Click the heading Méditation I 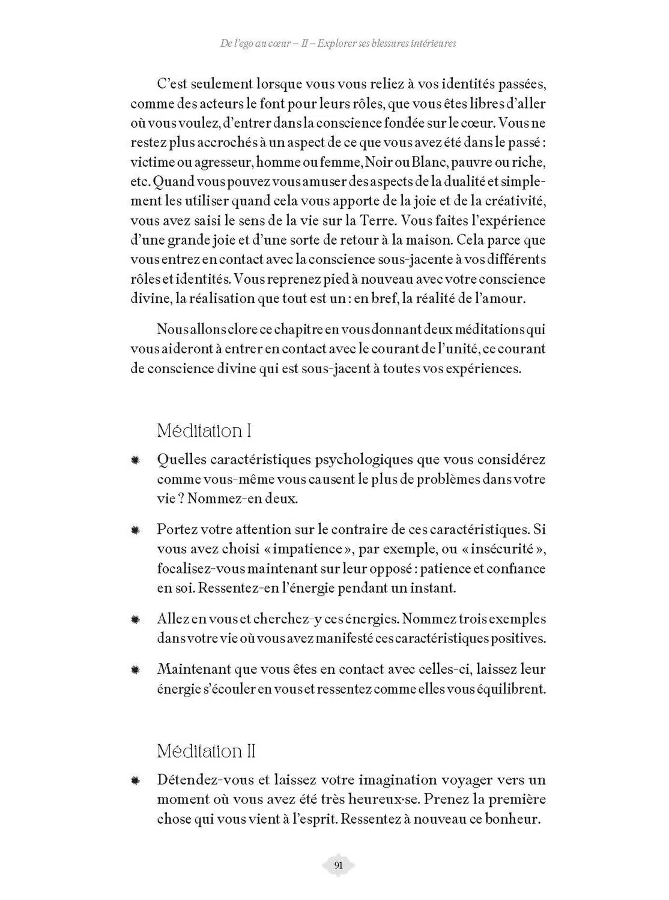pyautogui.click(x=204, y=431)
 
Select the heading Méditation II pyautogui.click(x=207, y=751)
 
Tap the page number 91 pyautogui.click(x=338, y=865)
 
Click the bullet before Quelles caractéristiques pyautogui.click(x=135, y=460)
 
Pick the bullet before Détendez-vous pyautogui.click(x=135, y=781)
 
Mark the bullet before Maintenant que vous pyautogui.click(x=135, y=670)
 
